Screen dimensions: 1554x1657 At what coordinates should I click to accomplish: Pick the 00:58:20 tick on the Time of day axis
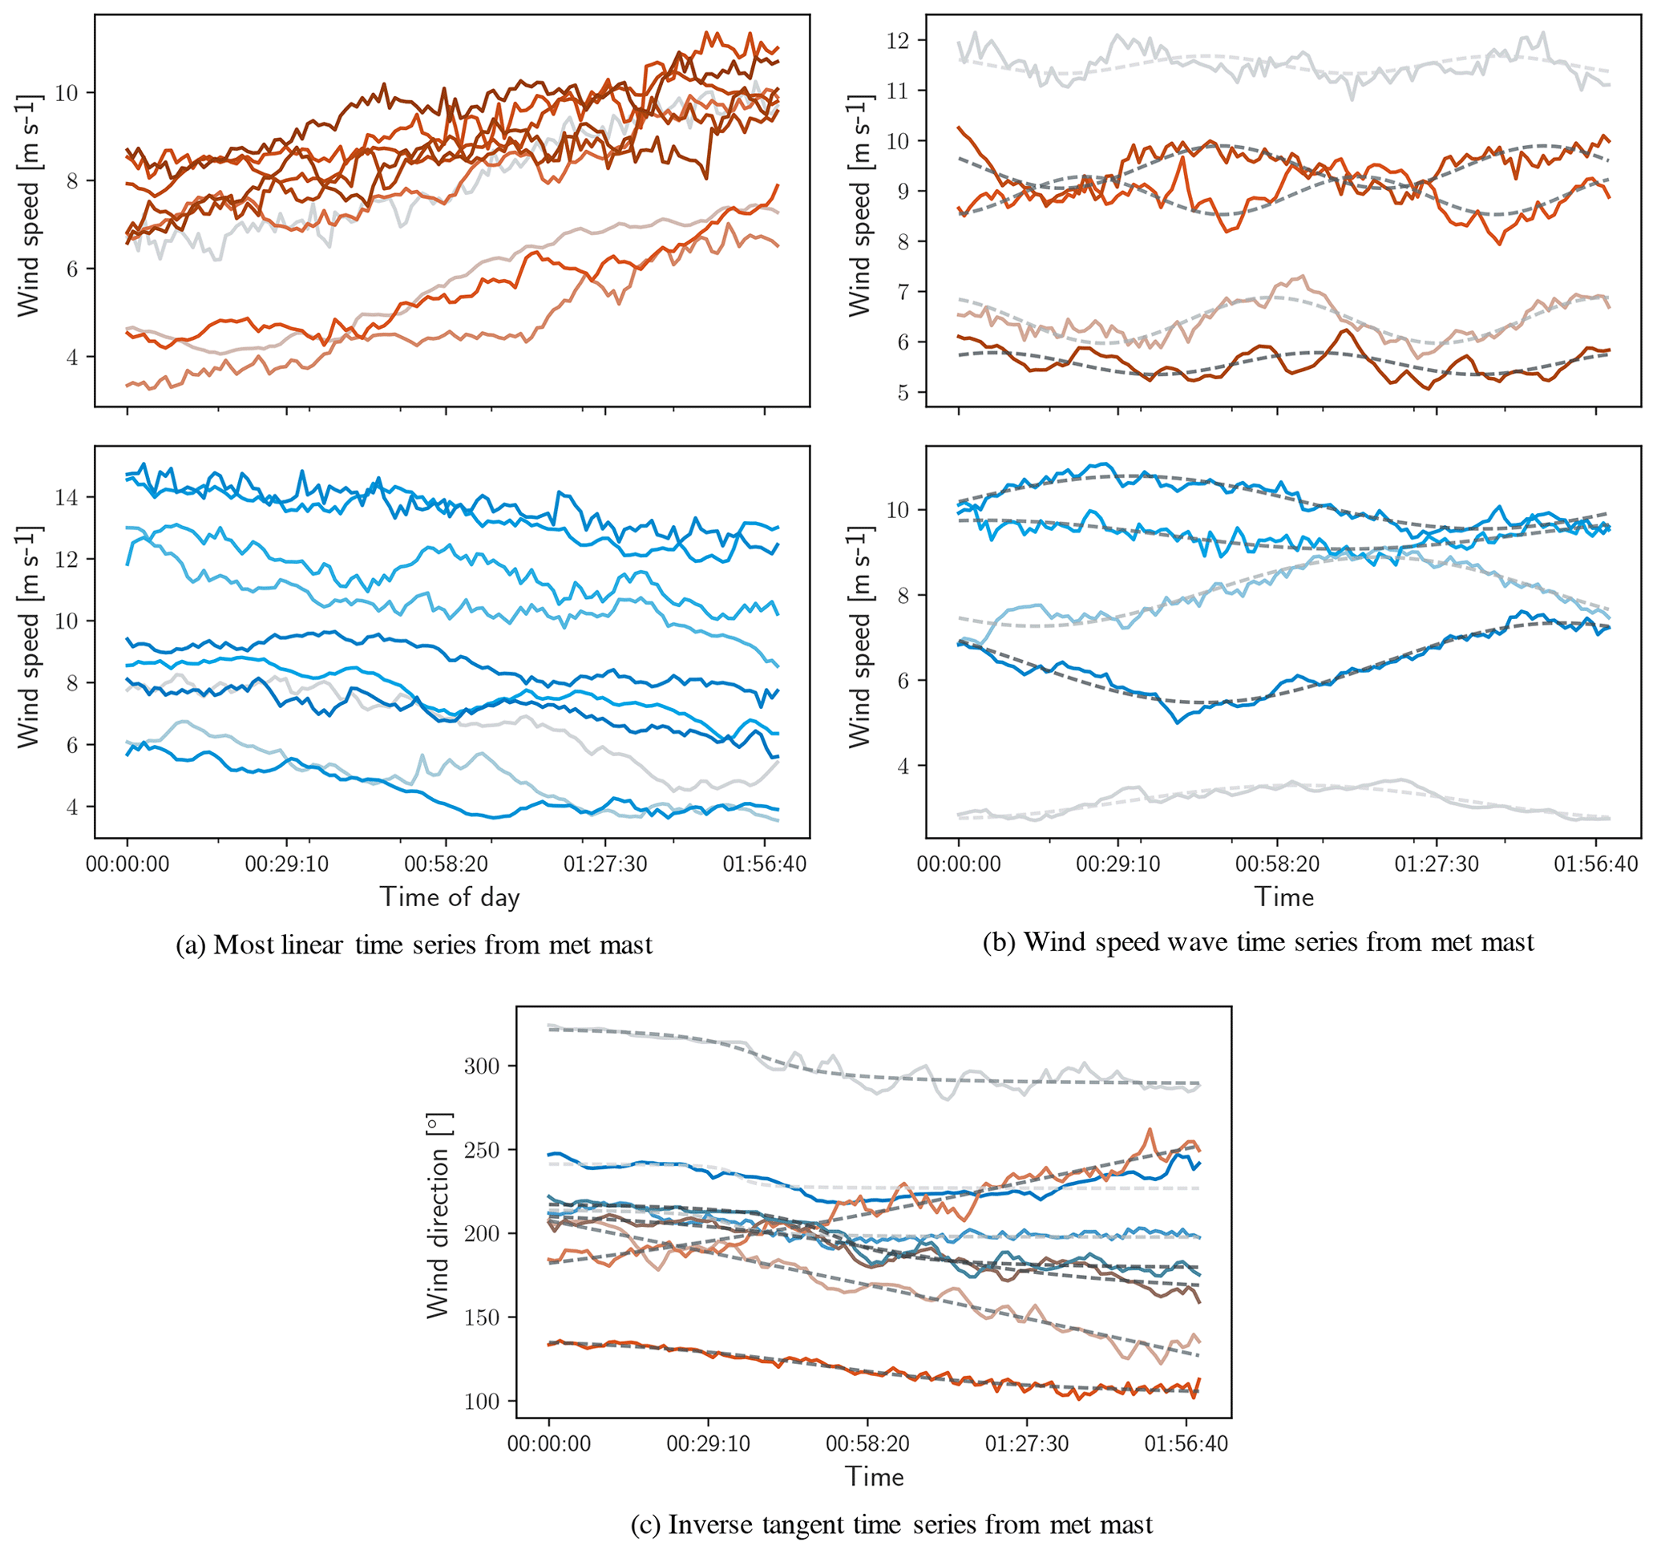(x=446, y=864)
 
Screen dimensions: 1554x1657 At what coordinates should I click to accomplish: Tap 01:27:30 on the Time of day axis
(x=605, y=864)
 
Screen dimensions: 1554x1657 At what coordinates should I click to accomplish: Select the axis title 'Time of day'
(x=450, y=897)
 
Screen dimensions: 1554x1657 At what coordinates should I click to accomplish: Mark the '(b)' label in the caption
(x=1000, y=942)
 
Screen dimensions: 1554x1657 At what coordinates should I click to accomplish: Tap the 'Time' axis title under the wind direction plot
(x=875, y=1476)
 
